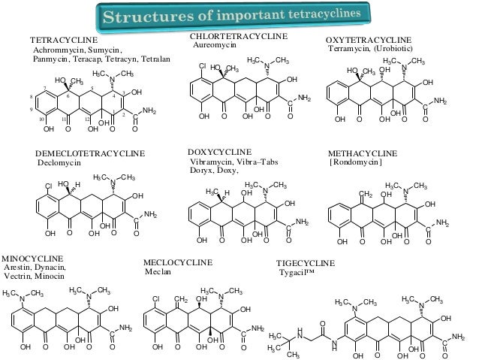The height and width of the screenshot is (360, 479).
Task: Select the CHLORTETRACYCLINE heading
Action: click(238, 36)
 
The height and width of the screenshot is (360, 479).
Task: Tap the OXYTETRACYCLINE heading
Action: click(369, 39)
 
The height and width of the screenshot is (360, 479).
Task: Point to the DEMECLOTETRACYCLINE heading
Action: click(90, 153)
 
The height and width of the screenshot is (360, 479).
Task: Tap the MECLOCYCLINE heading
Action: click(178, 262)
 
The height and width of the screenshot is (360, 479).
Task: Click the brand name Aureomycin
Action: click(215, 45)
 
